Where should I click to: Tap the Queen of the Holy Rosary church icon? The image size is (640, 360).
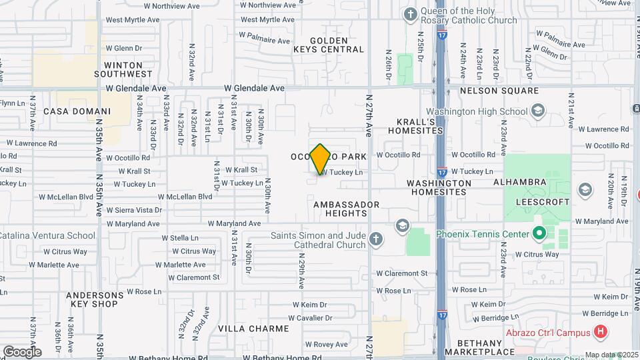pos(411,13)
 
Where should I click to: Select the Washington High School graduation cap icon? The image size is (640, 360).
pos(538,111)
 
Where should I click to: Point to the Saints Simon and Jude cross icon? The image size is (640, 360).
pos(376,239)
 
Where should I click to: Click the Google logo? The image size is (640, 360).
pos(21,351)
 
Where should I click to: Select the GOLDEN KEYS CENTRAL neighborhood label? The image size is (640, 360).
pos(329,45)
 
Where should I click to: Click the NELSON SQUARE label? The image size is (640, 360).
pos(499,90)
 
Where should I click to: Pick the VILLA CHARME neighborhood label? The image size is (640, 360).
pos(253,329)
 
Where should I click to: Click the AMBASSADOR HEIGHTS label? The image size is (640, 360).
pos(346,209)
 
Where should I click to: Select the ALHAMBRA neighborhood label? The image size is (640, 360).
pos(520,181)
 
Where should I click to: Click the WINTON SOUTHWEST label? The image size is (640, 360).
pos(123,69)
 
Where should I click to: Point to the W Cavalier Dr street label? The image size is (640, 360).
pos(310,318)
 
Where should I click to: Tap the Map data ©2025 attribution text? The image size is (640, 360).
pos(611,355)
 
